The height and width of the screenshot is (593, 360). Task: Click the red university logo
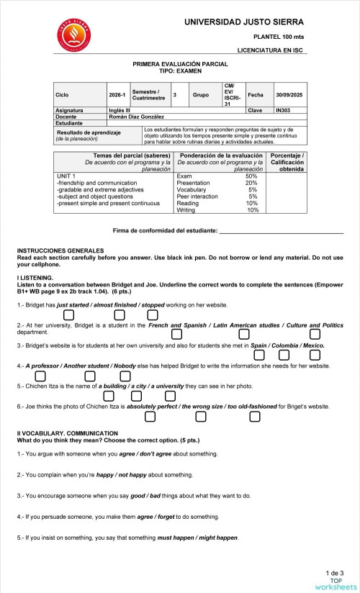pos(71,37)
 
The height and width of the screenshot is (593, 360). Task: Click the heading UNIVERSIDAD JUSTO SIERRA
pos(243,22)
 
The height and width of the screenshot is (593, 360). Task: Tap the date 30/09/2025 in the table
pos(291,95)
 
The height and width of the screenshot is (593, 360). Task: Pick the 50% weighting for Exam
pos(251,176)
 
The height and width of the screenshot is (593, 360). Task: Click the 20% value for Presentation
pos(251,183)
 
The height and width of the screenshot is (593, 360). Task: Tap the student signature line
pos(281,232)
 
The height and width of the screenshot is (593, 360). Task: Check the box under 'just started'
pos(69,314)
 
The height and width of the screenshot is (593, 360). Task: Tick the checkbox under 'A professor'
pos(40,376)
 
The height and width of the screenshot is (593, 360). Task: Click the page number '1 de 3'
pos(334,572)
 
